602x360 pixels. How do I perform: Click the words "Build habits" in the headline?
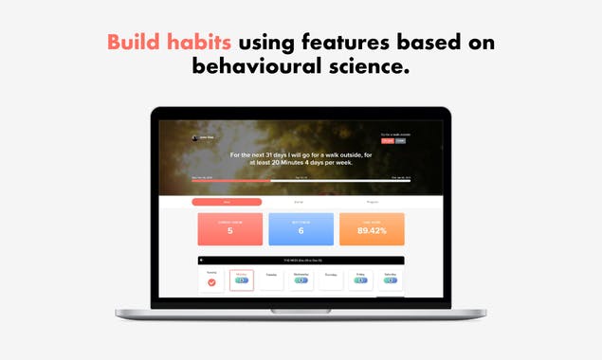169,43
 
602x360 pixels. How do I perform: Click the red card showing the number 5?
228,228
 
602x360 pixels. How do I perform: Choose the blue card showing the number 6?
301,228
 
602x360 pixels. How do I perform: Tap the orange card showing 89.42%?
372,228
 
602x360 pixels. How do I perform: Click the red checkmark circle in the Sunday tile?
211,281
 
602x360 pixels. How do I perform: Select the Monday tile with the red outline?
241,280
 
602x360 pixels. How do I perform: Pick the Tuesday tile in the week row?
270,280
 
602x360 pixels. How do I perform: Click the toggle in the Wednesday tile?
300,280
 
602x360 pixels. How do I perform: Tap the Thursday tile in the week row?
330,280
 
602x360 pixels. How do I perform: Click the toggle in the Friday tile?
359,280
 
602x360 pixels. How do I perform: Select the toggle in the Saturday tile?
390,280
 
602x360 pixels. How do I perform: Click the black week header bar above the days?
301,260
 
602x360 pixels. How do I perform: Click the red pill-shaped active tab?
227,202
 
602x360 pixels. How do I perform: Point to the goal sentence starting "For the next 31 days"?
301,156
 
